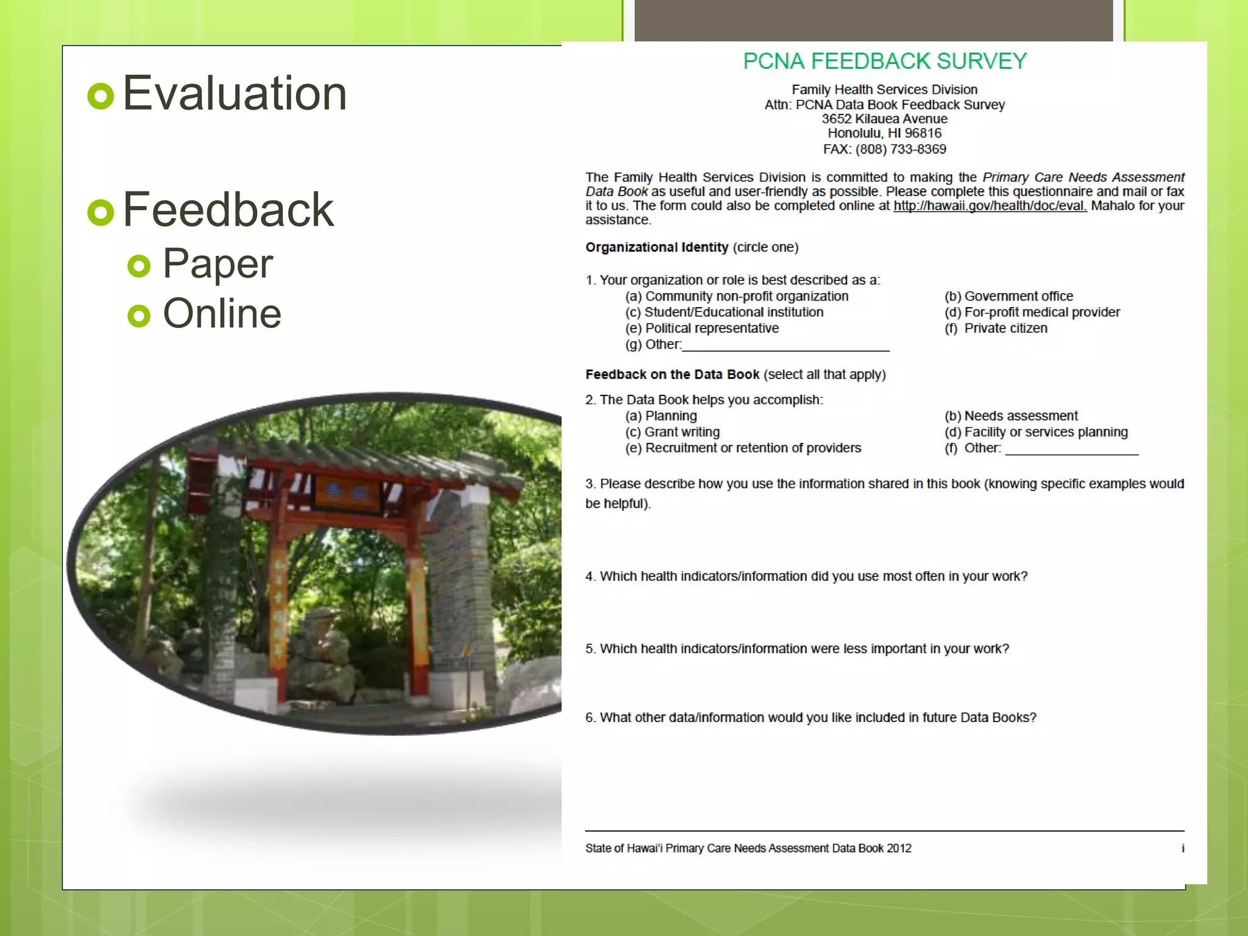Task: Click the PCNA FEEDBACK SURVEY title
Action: [884, 61]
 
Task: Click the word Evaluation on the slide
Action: [235, 93]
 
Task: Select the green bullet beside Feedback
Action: [101, 212]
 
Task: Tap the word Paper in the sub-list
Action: [218, 263]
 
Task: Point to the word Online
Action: [222, 313]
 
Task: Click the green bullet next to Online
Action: [139, 315]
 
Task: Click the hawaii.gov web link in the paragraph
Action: [990, 206]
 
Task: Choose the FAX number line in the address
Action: [884, 149]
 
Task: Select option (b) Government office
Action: [1009, 296]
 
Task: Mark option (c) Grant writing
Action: [672, 432]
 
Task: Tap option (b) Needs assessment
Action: [1011, 416]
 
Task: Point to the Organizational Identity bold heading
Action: [656, 247]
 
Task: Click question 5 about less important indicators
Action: [797, 649]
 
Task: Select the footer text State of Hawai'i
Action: [748, 848]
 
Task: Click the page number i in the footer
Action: [1183, 848]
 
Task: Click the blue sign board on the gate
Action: [347, 491]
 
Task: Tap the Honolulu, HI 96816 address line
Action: [884, 133]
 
